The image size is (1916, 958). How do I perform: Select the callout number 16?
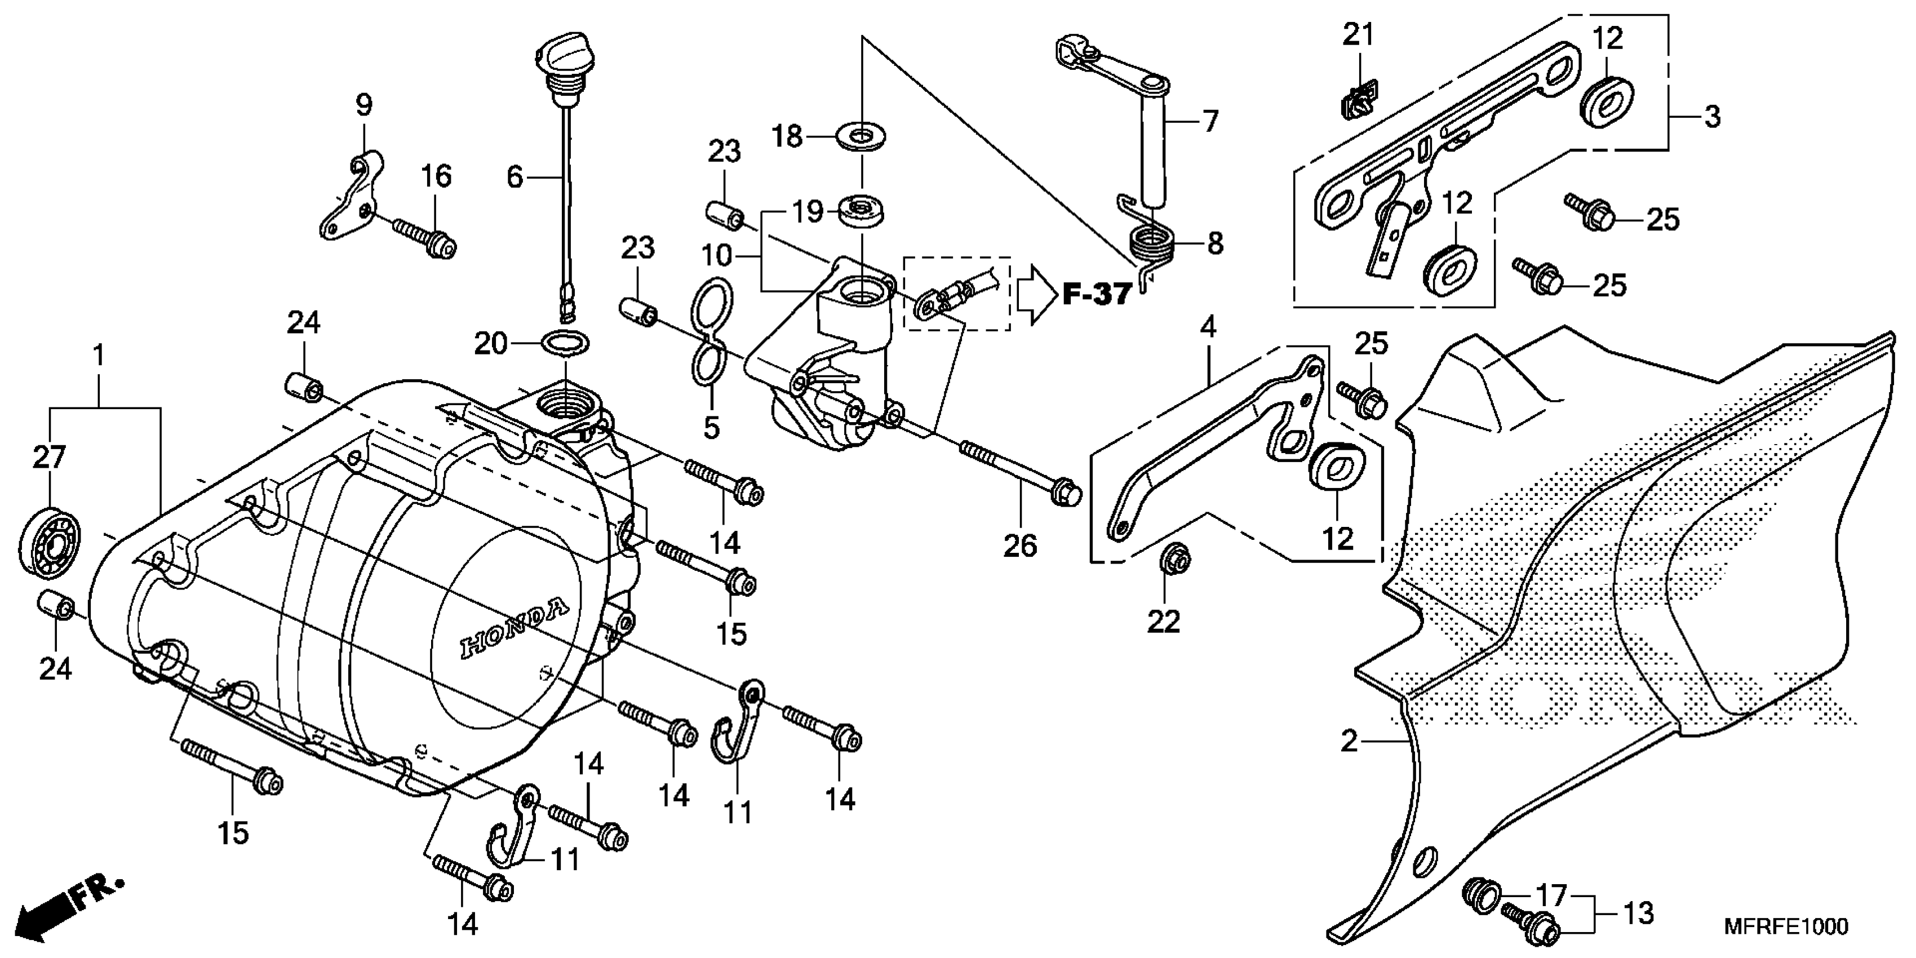pos(437,176)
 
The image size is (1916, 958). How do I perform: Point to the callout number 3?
pos(1711,117)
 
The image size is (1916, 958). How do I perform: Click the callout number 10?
pos(717,256)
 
